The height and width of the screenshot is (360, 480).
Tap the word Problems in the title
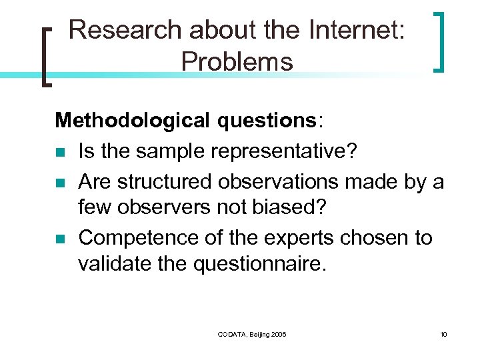click(237, 62)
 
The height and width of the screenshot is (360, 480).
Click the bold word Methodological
click(131, 121)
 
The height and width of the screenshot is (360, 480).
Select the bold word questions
click(267, 121)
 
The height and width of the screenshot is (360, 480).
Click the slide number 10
click(443, 333)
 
